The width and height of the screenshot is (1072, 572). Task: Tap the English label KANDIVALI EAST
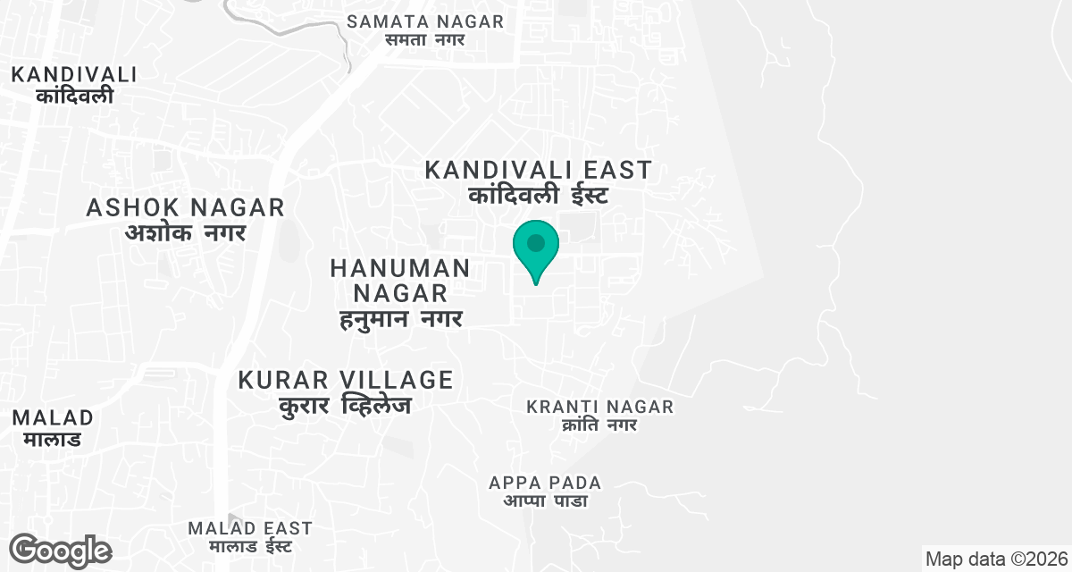538,169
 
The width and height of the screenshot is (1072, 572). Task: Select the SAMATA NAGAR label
425,21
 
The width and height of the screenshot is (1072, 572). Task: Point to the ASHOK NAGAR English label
186,208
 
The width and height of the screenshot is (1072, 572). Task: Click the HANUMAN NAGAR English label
399,280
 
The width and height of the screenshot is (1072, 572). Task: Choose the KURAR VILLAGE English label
346,380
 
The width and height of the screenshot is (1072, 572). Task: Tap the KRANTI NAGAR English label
599,407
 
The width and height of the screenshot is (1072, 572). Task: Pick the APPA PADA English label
545,483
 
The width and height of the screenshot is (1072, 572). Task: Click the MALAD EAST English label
250,528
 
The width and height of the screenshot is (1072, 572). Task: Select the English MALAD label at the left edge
53,417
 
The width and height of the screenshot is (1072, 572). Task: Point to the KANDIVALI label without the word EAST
74,74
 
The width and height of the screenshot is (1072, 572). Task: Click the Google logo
60,551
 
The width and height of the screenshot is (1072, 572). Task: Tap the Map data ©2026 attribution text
997,559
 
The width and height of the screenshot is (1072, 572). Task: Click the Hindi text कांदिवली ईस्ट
539,195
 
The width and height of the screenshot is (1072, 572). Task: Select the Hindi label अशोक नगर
186,232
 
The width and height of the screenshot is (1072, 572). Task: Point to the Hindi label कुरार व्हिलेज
345,405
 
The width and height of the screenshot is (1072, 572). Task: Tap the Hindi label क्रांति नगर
599,425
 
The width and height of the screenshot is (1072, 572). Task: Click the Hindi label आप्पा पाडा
545,500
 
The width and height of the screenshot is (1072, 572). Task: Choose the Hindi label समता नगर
425,39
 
